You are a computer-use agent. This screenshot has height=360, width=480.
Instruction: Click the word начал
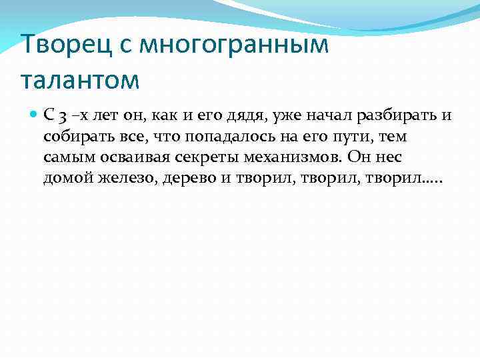[327, 115]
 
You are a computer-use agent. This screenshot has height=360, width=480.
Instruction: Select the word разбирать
[397, 115]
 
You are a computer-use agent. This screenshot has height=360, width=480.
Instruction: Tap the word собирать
[73, 137]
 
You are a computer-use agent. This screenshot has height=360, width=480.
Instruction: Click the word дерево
[192, 180]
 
